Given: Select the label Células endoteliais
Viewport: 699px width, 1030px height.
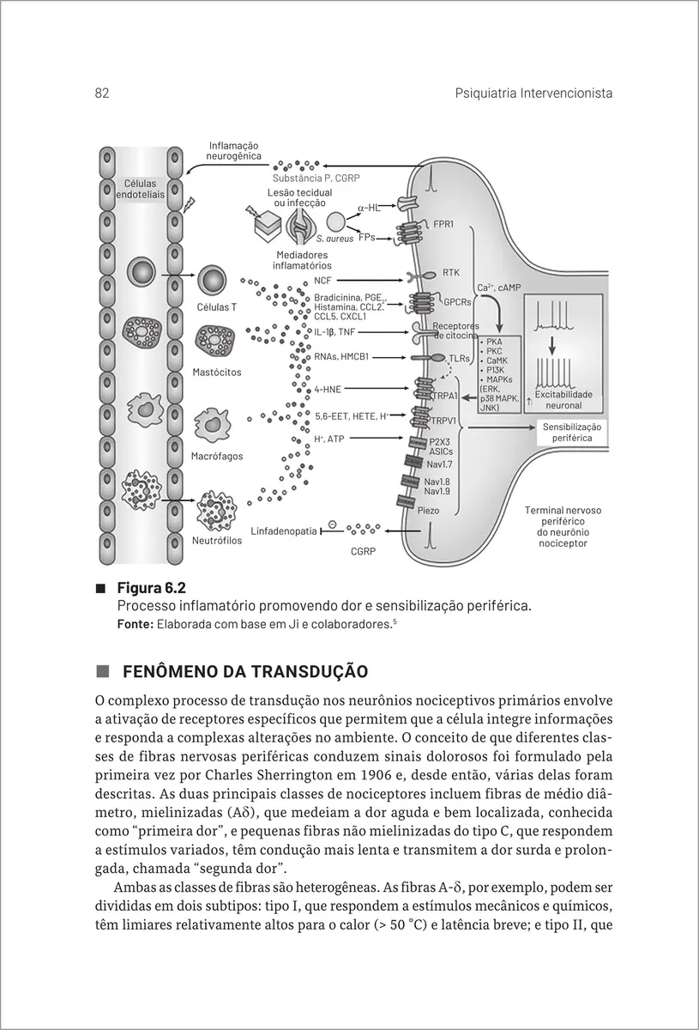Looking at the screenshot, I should [140, 190].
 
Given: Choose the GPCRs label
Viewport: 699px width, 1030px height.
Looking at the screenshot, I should [456, 302].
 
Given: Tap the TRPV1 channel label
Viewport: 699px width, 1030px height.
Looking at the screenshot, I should [443, 421].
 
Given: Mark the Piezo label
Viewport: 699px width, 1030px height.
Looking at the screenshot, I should [429, 510].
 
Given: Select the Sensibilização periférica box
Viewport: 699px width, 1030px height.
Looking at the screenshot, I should [573, 432].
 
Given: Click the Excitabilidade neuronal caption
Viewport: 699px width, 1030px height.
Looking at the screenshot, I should [563, 399].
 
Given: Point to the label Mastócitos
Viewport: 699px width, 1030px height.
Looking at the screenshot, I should [217, 373].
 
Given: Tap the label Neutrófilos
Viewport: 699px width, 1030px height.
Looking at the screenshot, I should [217, 542].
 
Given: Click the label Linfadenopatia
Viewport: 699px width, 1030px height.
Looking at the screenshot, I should [284, 531].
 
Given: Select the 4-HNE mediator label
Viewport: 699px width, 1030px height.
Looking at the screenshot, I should [328, 389].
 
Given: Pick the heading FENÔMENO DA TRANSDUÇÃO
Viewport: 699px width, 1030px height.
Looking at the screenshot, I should [245, 670].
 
